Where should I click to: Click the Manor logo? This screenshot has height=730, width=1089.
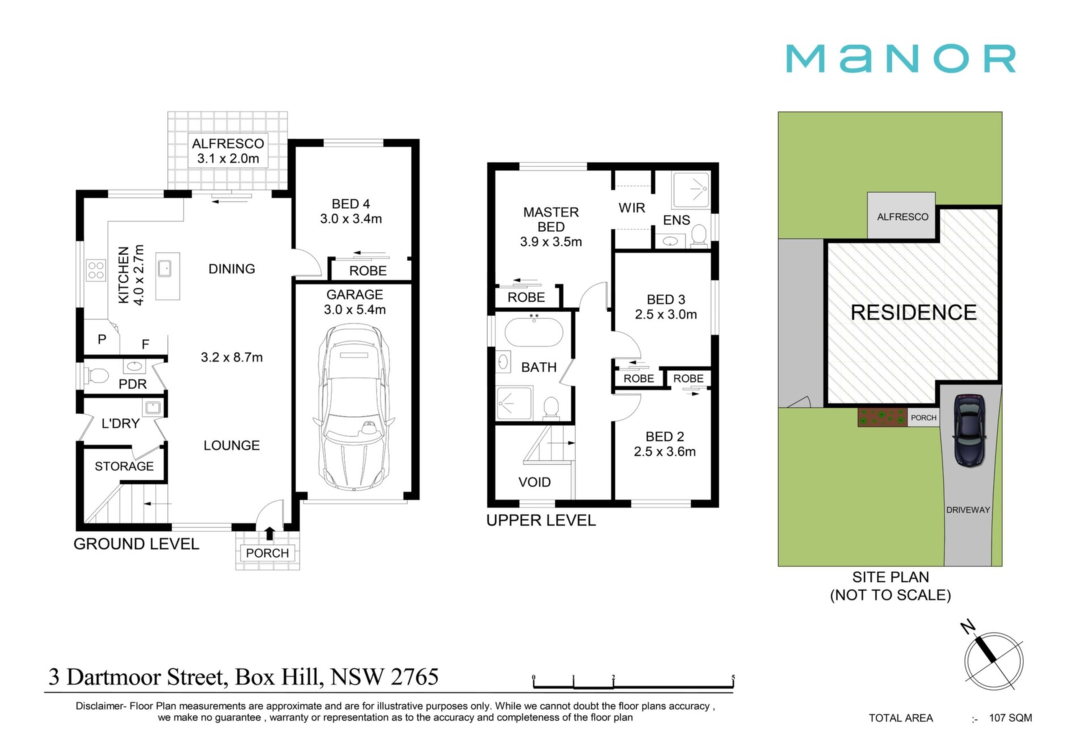point(900,58)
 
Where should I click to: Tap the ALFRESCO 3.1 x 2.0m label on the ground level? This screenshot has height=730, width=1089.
point(228,151)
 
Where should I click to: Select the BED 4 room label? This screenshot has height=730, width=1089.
point(351,211)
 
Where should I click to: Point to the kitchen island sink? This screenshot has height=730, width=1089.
point(164,268)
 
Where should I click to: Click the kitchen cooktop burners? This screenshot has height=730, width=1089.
point(96,270)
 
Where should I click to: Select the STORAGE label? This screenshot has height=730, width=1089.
point(124,466)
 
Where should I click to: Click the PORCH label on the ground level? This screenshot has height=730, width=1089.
point(267,553)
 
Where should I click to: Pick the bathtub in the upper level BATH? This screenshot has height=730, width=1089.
point(534,332)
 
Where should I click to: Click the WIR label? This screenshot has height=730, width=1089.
point(632,208)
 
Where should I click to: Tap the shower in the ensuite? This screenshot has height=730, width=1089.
point(691,190)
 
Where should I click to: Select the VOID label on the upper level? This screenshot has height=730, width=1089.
point(534,482)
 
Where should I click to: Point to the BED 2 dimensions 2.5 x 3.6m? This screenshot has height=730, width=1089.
point(665,451)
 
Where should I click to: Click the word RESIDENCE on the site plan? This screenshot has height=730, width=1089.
point(914,312)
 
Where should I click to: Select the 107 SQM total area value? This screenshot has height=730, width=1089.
point(1011,718)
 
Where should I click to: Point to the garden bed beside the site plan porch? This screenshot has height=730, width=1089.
point(883,418)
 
